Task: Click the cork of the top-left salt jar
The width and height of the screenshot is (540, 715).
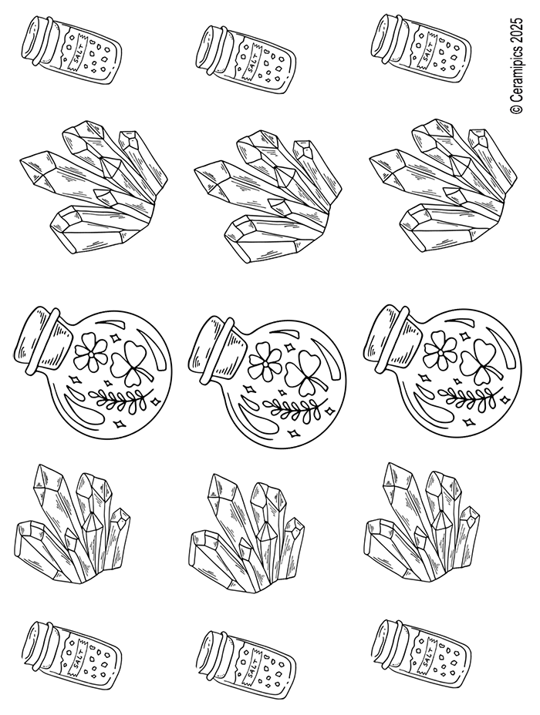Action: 39,39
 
